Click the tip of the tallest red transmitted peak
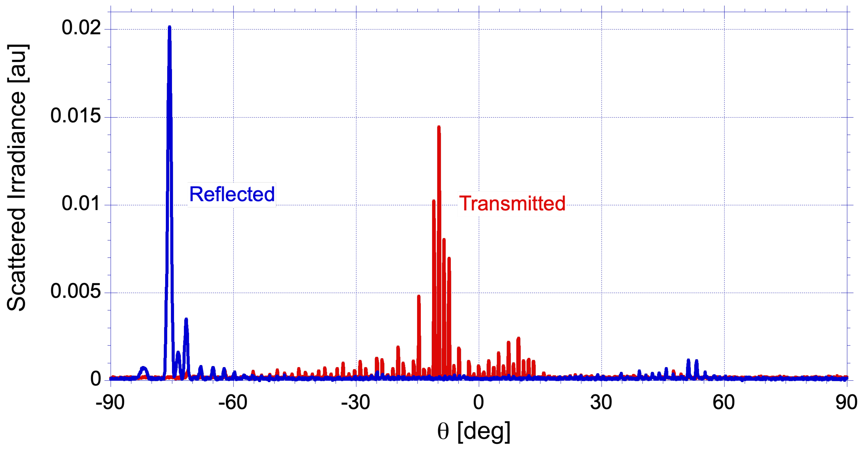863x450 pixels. tap(439, 127)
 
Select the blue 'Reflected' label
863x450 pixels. tap(232, 194)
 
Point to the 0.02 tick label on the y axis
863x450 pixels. tap(81, 27)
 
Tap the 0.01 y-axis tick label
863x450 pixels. tap(81, 204)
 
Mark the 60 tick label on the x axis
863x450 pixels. tap(724, 402)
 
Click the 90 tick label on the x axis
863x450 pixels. tap(846, 402)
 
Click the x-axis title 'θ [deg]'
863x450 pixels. tap(474, 431)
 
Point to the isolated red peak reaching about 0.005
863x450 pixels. tap(419, 296)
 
